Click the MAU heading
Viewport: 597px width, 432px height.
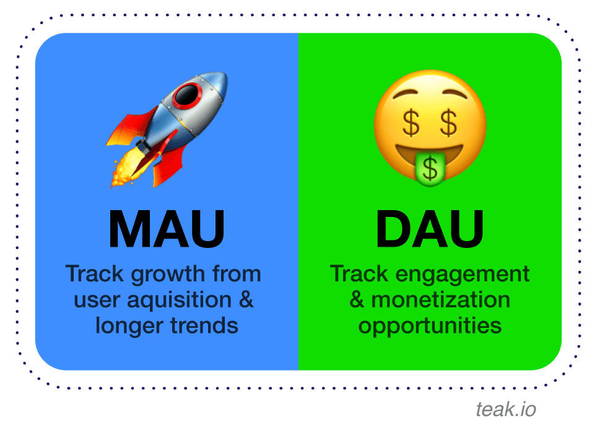pyautogui.click(x=166, y=229)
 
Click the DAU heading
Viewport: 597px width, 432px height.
pyautogui.click(x=429, y=229)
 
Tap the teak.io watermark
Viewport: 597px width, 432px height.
pyautogui.click(x=506, y=409)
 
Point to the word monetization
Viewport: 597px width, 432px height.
pyautogui.click(x=440, y=300)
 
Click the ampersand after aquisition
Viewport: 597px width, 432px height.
pyautogui.click(x=246, y=300)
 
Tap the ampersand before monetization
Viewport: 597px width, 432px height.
pyautogui.click(x=357, y=300)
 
